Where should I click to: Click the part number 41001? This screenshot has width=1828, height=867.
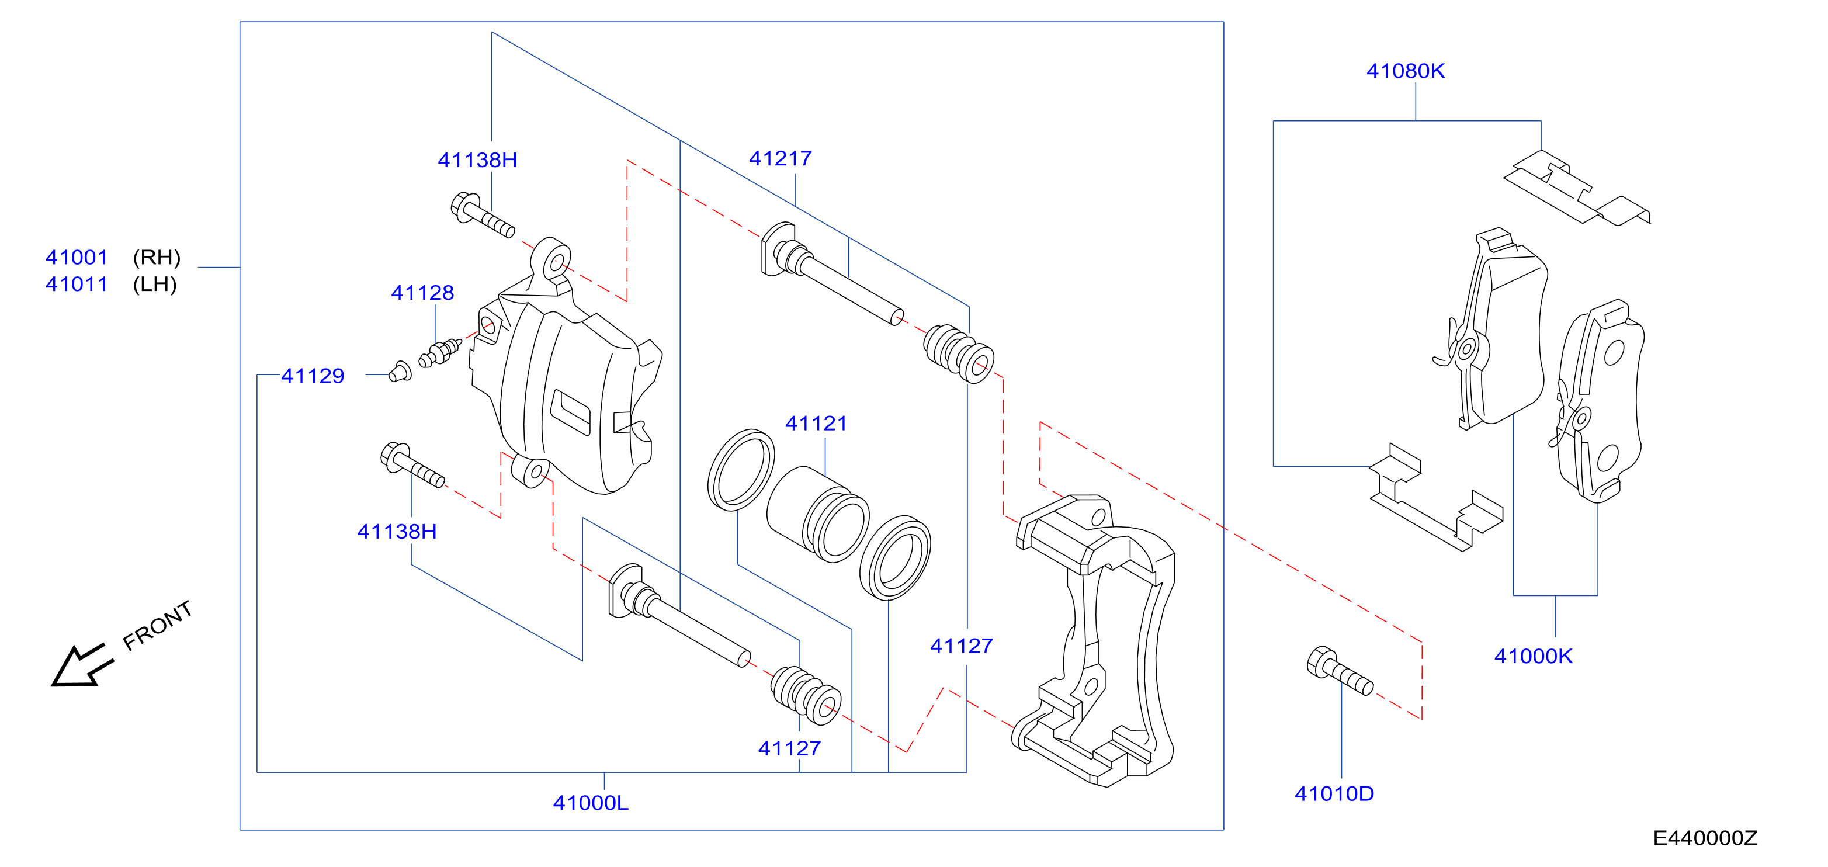coord(77,257)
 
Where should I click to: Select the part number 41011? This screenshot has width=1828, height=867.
coord(77,284)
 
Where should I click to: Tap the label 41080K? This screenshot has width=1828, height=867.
coord(1405,71)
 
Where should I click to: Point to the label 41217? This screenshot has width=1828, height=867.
coord(780,158)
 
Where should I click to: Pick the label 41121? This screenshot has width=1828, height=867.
coord(816,423)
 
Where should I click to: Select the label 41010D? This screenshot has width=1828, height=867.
coord(1334,793)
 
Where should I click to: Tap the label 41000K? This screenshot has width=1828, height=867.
coord(1533,656)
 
